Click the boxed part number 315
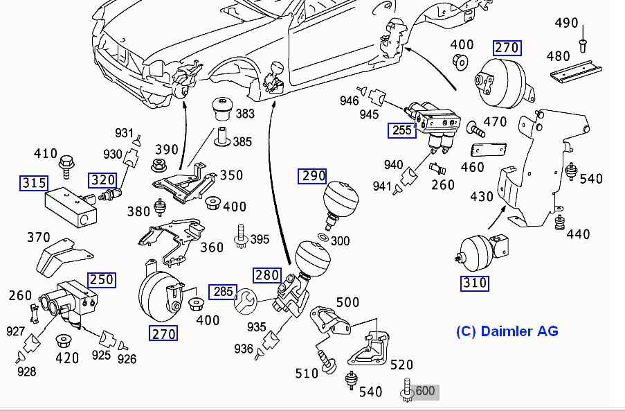(x=34, y=184)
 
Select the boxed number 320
(x=102, y=180)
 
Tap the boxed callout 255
(x=401, y=130)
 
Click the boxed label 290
(x=313, y=176)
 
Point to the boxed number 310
(x=475, y=283)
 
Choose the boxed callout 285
(x=223, y=292)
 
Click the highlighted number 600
(x=425, y=391)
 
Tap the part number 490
(x=566, y=23)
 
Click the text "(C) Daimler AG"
(x=507, y=331)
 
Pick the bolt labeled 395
(x=242, y=235)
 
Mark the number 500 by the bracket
(x=347, y=303)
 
